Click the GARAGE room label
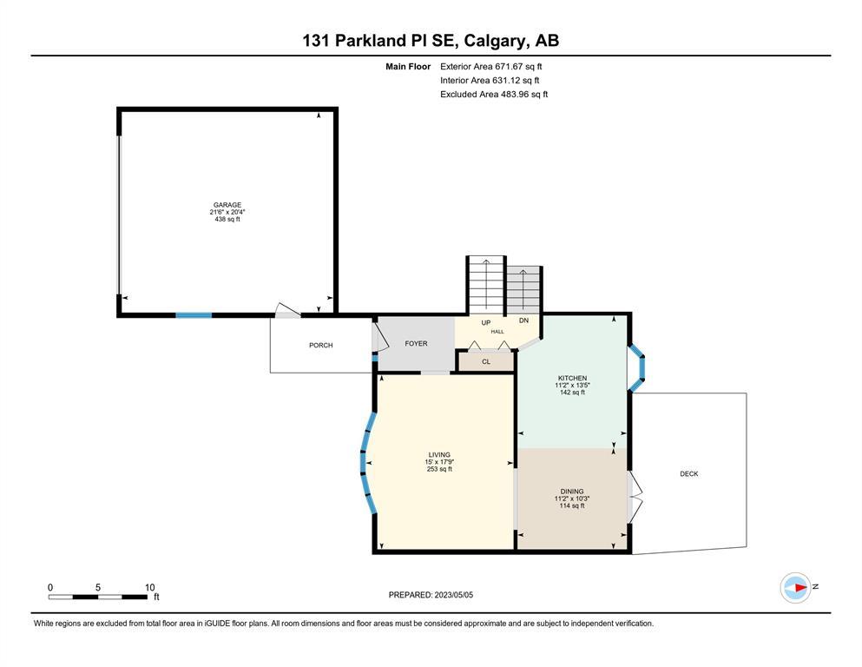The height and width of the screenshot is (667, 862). (227, 205)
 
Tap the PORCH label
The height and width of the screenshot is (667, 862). (321, 346)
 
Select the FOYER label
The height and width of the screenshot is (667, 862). (416, 343)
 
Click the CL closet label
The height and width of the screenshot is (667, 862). (486, 362)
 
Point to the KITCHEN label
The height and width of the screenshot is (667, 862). (572, 379)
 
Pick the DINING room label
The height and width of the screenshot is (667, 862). (572, 492)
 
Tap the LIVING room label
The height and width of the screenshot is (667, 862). (439, 455)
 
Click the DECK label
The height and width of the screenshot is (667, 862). (689, 473)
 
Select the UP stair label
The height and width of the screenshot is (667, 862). (486, 323)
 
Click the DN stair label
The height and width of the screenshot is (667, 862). (524, 320)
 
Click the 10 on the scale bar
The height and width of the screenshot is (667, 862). (150, 587)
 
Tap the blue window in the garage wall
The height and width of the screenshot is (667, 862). (194, 315)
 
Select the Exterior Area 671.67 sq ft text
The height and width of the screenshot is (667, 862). (491, 67)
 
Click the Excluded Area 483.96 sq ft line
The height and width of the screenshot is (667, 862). (494, 94)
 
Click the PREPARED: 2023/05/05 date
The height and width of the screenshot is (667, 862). (431, 594)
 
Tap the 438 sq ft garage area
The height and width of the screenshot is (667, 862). (227, 219)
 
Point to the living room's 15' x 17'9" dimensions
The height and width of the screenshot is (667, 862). (439, 462)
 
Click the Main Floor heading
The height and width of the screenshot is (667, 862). (408, 67)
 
